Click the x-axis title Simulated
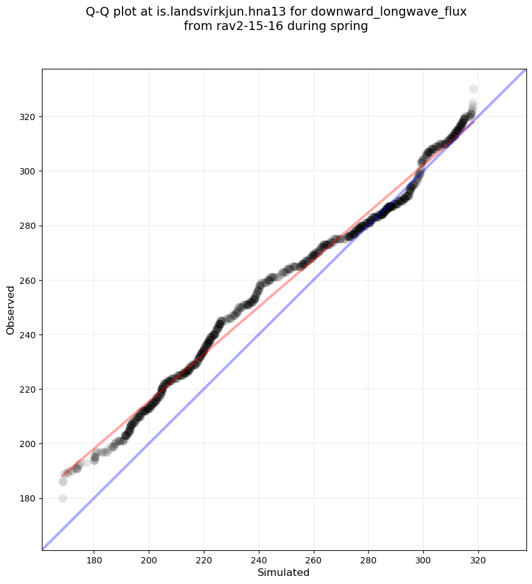(283, 572)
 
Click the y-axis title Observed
(11, 310)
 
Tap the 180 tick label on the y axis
(28, 498)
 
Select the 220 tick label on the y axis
(28, 389)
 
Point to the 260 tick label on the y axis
(28, 280)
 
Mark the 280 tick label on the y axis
(28, 226)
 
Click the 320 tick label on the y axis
(28, 117)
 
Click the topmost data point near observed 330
(473, 89)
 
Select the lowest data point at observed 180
(63, 498)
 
